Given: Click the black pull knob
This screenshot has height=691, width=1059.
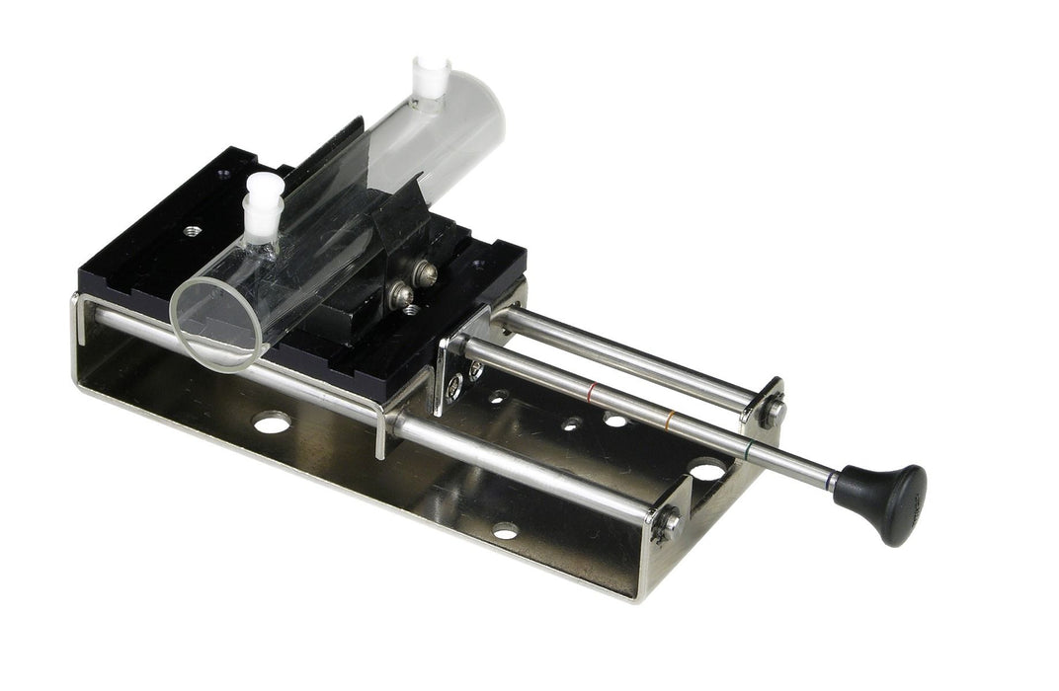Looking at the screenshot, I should click(882, 500).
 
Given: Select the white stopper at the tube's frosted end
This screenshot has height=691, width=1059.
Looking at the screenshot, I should click(429, 79).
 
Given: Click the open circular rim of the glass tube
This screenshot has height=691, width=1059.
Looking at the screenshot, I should click(216, 322).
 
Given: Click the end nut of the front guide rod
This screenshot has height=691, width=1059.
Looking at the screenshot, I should click(665, 522).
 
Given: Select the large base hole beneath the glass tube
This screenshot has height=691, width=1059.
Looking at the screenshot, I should click(271, 423).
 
